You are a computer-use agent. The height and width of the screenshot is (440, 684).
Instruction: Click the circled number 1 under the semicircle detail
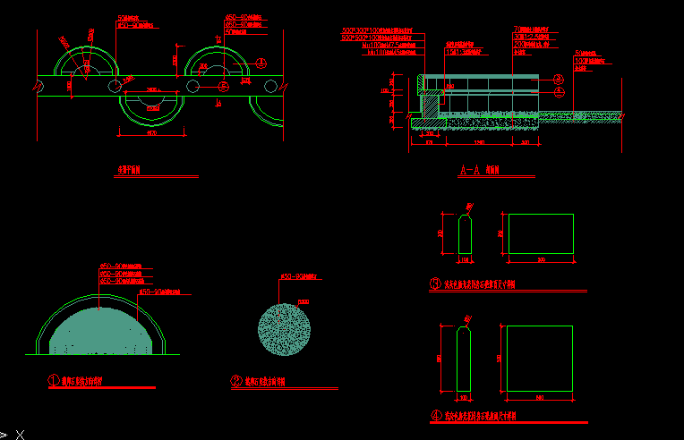pyautogui.click(x=54, y=380)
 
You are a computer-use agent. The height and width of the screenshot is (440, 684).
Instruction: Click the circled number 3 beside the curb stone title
pyautogui.click(x=436, y=285)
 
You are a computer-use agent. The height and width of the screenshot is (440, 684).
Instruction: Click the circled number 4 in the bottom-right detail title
pyautogui.click(x=436, y=415)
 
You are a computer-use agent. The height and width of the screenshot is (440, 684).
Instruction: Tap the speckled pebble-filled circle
pyautogui.click(x=284, y=331)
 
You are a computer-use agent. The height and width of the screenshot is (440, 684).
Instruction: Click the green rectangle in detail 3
pyautogui.click(x=541, y=234)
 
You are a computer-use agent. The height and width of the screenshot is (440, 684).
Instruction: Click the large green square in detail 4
pyautogui.click(x=540, y=357)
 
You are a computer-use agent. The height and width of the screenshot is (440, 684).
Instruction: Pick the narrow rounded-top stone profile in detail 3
pyautogui.click(x=465, y=234)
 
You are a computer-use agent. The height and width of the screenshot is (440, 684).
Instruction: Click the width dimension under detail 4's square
pyautogui.click(x=540, y=396)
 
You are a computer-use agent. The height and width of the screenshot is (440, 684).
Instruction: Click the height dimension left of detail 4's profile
pyautogui.click(x=439, y=358)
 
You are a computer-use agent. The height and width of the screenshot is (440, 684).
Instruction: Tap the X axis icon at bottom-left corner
pyautogui.click(x=18, y=434)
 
